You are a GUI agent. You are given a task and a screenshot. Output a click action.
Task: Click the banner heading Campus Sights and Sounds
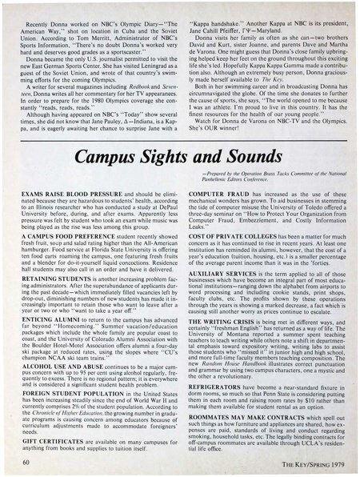[179, 150]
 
